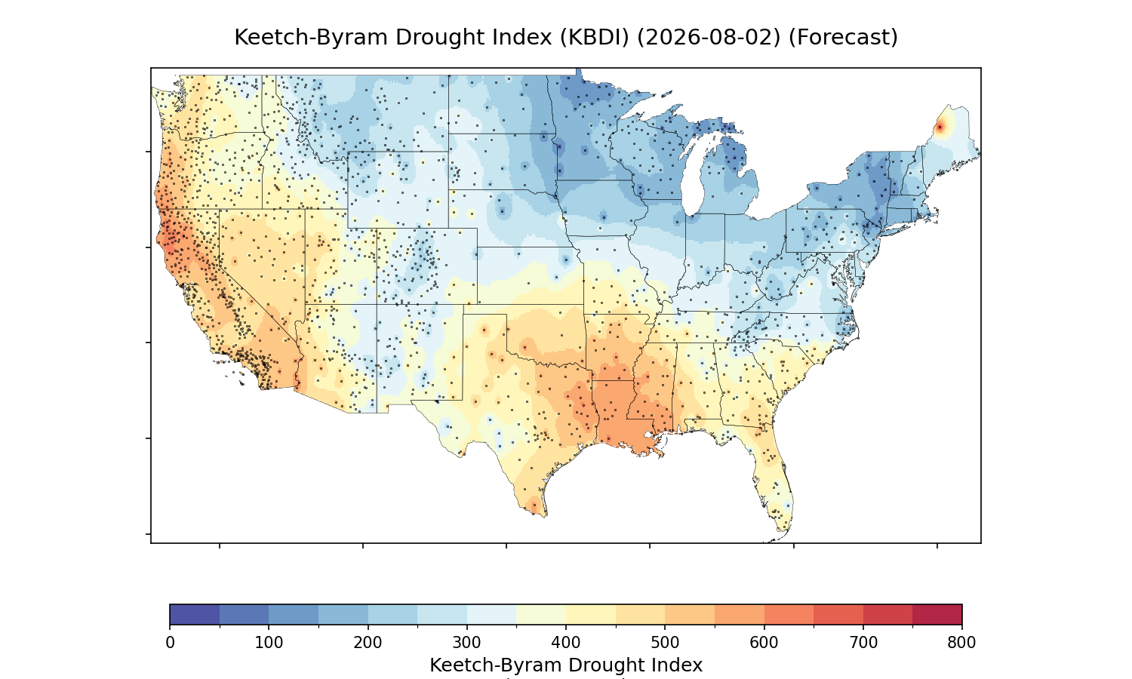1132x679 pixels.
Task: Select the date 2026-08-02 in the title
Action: click(x=709, y=38)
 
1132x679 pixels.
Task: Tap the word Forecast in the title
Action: click(x=843, y=38)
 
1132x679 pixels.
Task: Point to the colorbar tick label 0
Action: click(x=170, y=643)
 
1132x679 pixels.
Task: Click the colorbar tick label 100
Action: click(x=269, y=643)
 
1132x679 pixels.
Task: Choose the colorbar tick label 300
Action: click(x=466, y=643)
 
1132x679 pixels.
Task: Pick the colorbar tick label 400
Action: click(x=565, y=643)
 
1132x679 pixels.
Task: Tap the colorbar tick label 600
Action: click(x=764, y=643)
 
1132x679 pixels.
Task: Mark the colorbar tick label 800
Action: click(x=961, y=643)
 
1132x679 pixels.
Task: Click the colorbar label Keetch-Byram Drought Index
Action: click(x=566, y=665)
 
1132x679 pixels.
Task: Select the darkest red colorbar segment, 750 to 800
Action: click(x=937, y=614)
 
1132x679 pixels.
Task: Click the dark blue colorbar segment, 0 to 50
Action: click(x=195, y=614)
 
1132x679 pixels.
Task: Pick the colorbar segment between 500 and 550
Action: click(x=690, y=614)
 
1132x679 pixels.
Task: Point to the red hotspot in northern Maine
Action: click(x=940, y=128)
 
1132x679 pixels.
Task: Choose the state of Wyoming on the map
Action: click(x=398, y=189)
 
